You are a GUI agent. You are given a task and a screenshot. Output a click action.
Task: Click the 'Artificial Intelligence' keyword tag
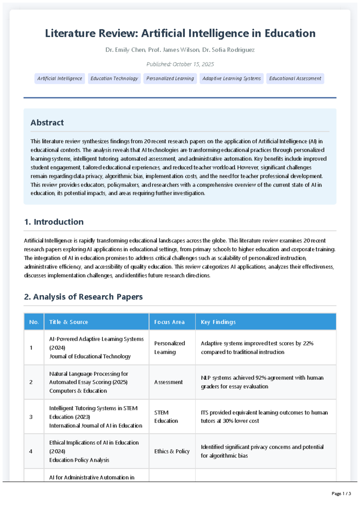click(x=60, y=79)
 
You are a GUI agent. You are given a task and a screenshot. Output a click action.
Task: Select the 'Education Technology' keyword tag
click(x=114, y=79)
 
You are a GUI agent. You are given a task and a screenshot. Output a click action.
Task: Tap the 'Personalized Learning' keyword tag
click(x=170, y=79)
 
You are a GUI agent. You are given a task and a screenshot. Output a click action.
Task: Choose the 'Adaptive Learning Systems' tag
click(x=231, y=79)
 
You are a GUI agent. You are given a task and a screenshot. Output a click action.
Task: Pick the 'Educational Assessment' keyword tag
click(x=295, y=79)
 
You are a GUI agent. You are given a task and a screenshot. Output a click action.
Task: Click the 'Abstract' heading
click(x=47, y=123)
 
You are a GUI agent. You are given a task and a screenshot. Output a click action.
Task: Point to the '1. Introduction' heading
click(x=54, y=222)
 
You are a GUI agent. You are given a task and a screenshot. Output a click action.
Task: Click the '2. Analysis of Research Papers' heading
click(x=83, y=297)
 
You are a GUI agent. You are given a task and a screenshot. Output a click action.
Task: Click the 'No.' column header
click(x=34, y=322)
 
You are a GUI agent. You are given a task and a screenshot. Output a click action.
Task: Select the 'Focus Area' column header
click(x=169, y=322)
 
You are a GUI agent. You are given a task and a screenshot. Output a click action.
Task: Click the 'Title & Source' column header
click(x=68, y=322)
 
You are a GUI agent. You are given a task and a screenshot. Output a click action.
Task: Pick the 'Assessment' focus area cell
click(x=168, y=382)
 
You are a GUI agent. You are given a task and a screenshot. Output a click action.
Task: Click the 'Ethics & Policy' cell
click(x=172, y=451)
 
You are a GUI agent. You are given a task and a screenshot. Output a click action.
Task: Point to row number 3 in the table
click(x=31, y=417)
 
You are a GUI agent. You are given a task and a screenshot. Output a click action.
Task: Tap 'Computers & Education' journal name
click(x=78, y=391)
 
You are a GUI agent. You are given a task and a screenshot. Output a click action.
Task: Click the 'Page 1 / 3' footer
click(x=341, y=494)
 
